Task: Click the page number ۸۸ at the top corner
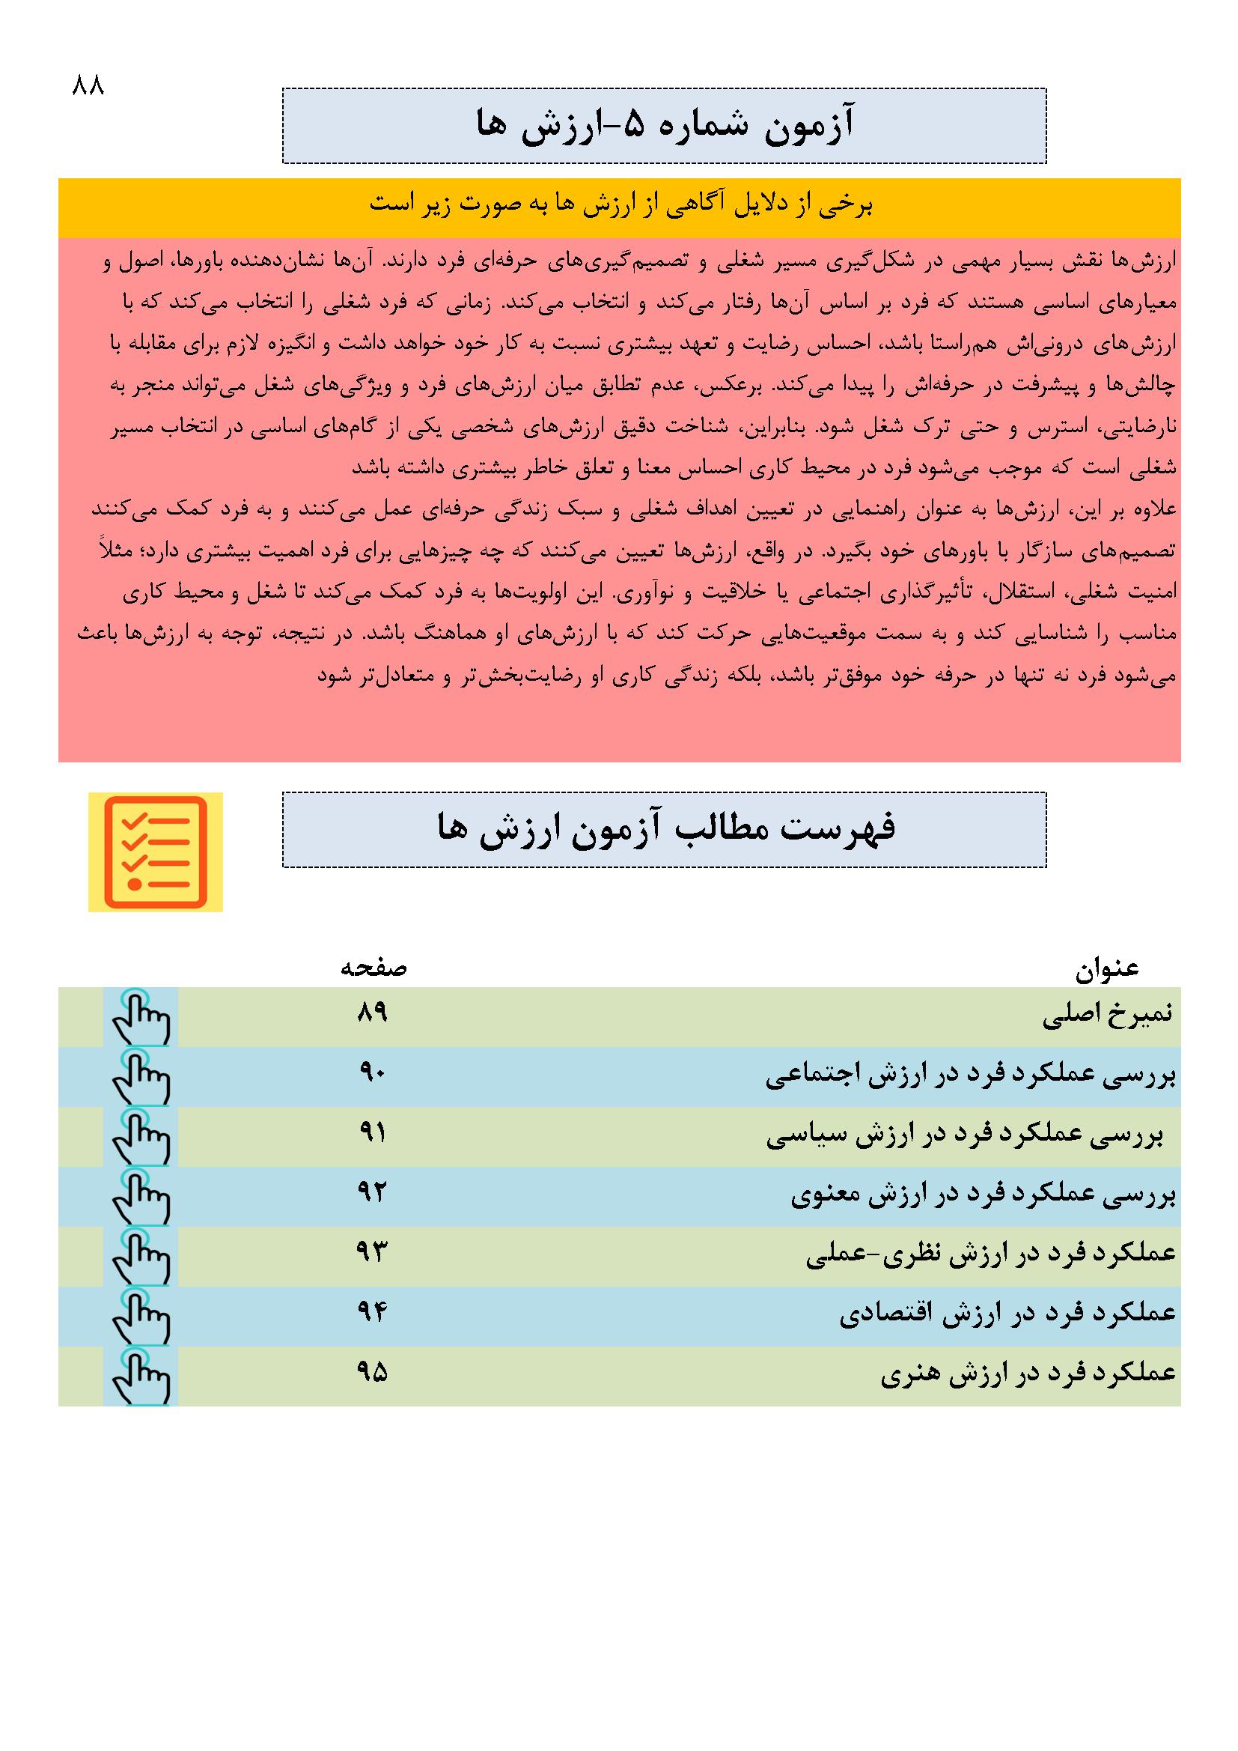tap(88, 85)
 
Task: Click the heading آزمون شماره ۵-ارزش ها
tap(664, 125)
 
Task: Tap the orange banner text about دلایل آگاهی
tap(620, 206)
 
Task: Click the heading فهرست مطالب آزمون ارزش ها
tap(664, 829)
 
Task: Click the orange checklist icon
tap(156, 852)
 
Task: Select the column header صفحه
tap(373, 968)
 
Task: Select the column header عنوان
tap(1107, 968)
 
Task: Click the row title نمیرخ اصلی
tap(1107, 1016)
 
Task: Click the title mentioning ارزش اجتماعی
tap(971, 1076)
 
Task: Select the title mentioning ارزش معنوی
tap(983, 1196)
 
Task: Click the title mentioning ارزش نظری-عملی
tap(990, 1255)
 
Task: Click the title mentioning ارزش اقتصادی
tap(1007, 1315)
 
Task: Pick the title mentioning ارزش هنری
tap(1028, 1374)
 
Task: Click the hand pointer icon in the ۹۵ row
tap(141, 1377)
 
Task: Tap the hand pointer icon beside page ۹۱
tap(141, 1137)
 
